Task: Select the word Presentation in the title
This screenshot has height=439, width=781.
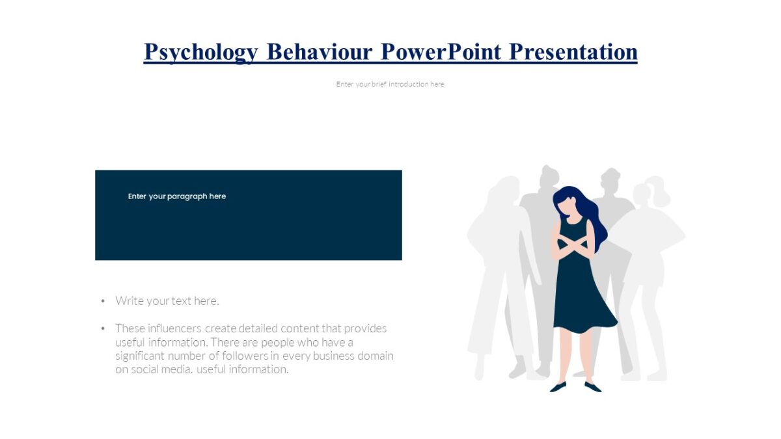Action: tap(573, 51)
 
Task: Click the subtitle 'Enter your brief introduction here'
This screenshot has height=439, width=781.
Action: tap(390, 84)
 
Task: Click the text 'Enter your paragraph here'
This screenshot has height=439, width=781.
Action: tap(176, 196)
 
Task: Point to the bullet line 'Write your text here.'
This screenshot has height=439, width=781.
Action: tap(167, 300)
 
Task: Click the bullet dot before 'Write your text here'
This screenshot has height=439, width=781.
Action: tap(103, 301)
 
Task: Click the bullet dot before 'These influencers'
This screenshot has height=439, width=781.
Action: tap(103, 328)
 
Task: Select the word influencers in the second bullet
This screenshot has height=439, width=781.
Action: tap(174, 328)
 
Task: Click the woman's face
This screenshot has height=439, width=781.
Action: tap(568, 207)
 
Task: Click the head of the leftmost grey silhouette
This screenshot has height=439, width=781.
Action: tap(501, 192)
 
